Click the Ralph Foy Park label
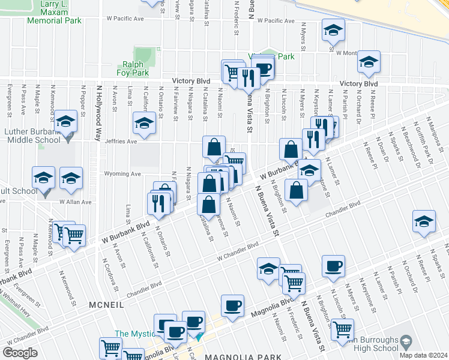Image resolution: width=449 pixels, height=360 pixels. coord(132,68)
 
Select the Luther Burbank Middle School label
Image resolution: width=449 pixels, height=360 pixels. coord(32,136)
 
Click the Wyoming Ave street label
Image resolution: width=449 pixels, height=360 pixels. coord(123,174)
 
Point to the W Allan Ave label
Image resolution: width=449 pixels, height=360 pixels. coord(74,202)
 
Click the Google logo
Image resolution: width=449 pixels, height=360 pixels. coord(20,352)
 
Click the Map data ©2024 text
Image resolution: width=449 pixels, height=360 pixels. coord(423,355)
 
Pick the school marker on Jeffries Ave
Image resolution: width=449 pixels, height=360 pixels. coord(144,123)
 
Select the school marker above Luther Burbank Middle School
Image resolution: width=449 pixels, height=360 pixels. coord(66,121)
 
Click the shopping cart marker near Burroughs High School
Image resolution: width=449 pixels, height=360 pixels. coord(342,329)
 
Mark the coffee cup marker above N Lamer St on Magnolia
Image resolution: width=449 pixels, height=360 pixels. coord(333,266)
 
